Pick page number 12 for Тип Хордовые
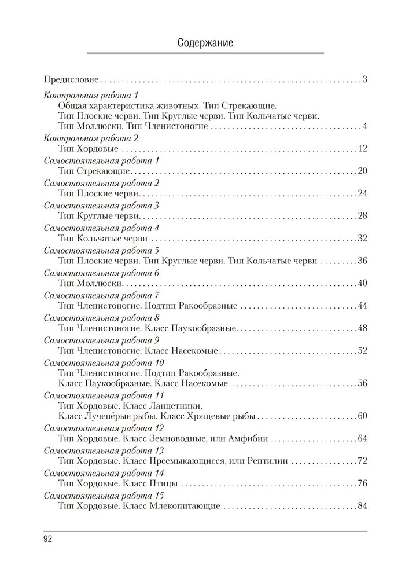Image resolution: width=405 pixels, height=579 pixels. (363, 149)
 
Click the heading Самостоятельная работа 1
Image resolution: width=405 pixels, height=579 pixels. (101, 160)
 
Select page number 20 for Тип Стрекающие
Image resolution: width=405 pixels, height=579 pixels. (363, 171)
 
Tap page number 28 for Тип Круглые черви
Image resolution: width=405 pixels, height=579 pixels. (363, 216)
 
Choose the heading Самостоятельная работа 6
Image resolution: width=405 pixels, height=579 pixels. (101, 272)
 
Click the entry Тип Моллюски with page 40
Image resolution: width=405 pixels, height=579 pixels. (90, 283)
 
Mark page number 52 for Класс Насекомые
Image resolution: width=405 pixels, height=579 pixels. (363, 350)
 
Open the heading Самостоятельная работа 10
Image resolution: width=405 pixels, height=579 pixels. (104, 362)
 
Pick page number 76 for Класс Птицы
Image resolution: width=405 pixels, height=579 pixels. (363, 483)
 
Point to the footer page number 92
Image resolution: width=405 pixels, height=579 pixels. (48, 540)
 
